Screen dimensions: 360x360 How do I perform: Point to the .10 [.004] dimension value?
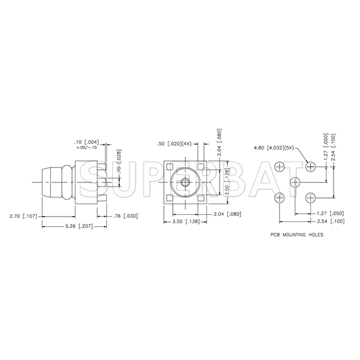click(x=87, y=142)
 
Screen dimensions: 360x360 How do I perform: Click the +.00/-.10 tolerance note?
click(x=86, y=148)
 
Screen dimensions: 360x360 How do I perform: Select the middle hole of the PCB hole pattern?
click(x=295, y=181)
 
